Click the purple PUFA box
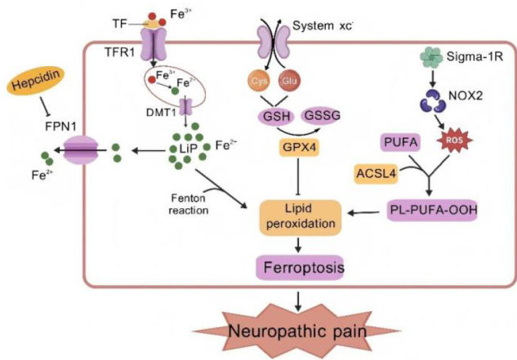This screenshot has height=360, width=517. [400, 144]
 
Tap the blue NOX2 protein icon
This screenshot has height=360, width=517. [426, 101]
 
